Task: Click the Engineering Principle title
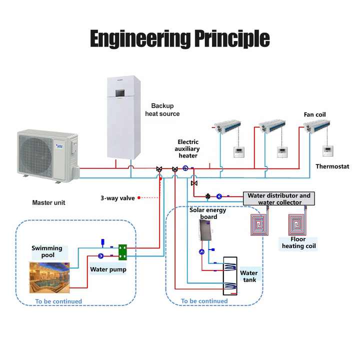[179, 38]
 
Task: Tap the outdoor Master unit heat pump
[47, 153]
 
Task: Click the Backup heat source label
[162, 109]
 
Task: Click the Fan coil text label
[314, 114]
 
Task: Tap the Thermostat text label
[332, 166]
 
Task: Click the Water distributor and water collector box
[279, 199]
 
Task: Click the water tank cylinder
[230, 276]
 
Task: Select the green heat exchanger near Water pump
[123, 252]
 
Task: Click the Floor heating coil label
[298, 243]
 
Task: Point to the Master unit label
[48, 202]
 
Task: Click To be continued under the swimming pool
[58, 301]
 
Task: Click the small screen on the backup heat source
[120, 93]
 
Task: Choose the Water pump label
[108, 269]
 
